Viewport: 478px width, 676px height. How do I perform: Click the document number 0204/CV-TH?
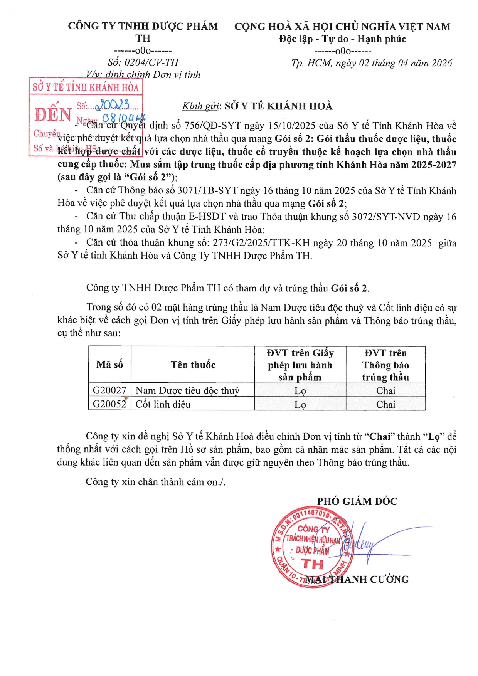tap(151, 62)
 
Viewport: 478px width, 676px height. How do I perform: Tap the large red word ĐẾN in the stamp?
tap(53, 115)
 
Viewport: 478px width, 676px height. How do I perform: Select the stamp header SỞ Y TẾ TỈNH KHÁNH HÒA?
tap(86, 87)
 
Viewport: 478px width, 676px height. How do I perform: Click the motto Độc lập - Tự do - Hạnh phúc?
tap(342, 39)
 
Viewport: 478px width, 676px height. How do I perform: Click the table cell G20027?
tap(109, 390)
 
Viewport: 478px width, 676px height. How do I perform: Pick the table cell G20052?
tap(109, 404)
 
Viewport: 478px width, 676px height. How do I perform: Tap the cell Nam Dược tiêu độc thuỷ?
tap(187, 390)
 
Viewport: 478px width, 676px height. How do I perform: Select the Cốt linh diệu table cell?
tap(163, 404)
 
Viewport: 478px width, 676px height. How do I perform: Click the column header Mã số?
tap(109, 365)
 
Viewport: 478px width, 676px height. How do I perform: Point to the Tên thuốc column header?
tap(193, 365)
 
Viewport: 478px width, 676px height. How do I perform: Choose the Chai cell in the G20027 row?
tap(385, 391)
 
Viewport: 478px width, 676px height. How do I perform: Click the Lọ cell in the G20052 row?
tap(300, 405)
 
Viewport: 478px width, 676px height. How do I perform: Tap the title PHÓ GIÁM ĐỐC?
tap(357, 501)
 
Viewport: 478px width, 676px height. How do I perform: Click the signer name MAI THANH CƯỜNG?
tap(357, 579)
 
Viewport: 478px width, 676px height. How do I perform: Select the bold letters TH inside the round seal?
tap(312, 565)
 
